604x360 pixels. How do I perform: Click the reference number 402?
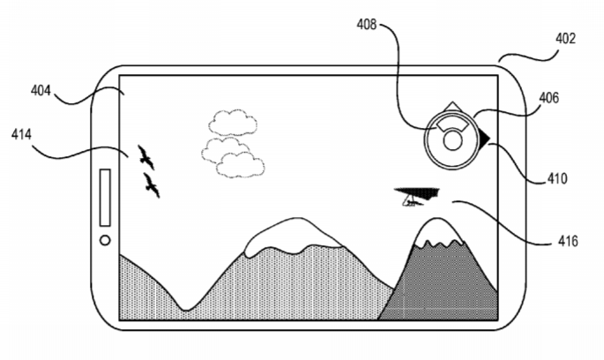(x=565, y=39)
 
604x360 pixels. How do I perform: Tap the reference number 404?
(x=41, y=91)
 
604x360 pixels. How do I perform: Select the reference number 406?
(x=548, y=98)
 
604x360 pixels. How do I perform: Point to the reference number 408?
(x=366, y=25)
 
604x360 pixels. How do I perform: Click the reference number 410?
(x=557, y=179)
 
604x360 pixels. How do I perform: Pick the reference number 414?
(x=21, y=135)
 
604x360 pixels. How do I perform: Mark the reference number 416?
(x=568, y=241)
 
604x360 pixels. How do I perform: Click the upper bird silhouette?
(x=146, y=157)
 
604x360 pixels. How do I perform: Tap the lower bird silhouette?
(x=152, y=185)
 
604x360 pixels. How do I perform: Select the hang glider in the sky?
(x=417, y=196)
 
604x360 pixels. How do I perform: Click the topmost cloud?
(x=233, y=123)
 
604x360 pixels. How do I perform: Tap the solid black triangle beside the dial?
(x=484, y=138)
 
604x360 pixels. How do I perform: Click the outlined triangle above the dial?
(x=452, y=107)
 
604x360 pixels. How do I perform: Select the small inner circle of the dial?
(x=452, y=140)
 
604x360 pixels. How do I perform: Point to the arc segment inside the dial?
(x=452, y=124)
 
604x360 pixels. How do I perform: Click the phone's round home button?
(x=105, y=241)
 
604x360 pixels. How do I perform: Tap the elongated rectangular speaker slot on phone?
(x=105, y=198)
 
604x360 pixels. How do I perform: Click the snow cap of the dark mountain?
(x=437, y=232)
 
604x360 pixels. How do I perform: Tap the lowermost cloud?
(x=241, y=165)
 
